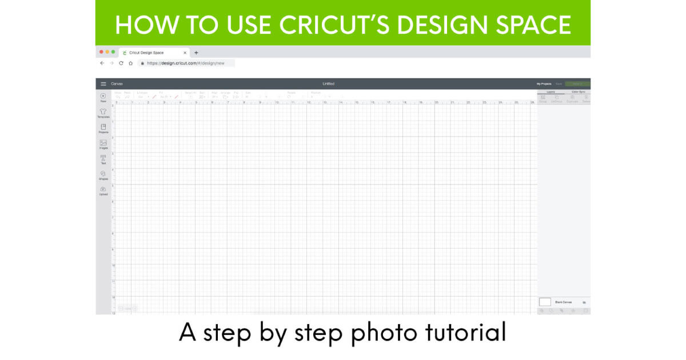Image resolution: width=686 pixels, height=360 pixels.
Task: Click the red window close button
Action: [102, 52]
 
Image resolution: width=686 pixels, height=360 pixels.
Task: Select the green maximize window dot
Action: [113, 52]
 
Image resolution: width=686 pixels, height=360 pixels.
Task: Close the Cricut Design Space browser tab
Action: [185, 53]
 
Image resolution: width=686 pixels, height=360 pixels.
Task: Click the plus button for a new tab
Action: [196, 53]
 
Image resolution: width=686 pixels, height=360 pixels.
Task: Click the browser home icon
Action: [131, 63]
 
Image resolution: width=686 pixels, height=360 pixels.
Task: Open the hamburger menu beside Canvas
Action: [103, 84]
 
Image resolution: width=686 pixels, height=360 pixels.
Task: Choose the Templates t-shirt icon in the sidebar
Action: [103, 112]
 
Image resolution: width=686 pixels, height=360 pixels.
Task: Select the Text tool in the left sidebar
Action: [103, 159]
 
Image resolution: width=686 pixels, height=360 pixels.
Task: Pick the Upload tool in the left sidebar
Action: [103, 190]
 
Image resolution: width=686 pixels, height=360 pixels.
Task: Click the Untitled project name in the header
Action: [328, 84]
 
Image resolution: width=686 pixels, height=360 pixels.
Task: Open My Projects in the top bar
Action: [544, 84]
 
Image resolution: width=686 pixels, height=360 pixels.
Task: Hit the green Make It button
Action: [577, 84]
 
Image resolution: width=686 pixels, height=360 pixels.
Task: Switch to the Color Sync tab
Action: [578, 91]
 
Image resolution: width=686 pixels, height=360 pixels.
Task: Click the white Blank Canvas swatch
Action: [545, 302]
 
